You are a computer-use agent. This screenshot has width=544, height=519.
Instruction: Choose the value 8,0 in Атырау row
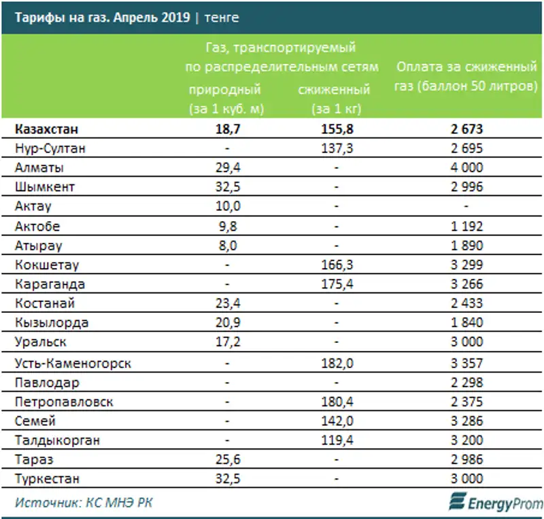click(228, 246)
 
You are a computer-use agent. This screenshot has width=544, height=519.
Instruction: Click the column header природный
click(225, 89)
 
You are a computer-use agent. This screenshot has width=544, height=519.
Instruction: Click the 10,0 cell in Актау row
click(228, 206)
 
